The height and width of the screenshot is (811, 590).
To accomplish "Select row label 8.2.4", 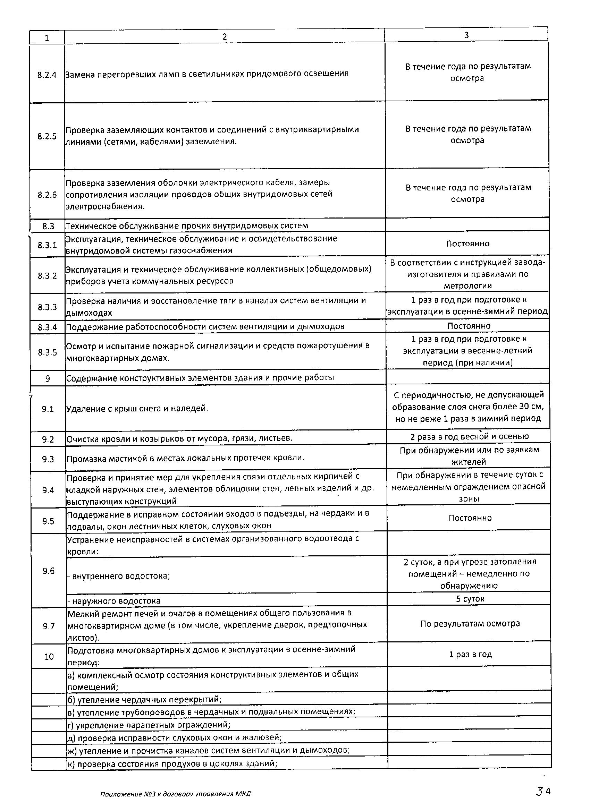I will click(47, 75).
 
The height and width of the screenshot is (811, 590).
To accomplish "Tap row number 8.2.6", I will click(47, 195).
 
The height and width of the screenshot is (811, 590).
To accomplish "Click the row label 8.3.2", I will click(47, 276).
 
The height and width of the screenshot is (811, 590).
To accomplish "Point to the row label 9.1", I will click(48, 409).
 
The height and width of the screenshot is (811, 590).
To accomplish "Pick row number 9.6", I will click(48, 571).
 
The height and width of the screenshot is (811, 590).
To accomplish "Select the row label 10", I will click(49, 656).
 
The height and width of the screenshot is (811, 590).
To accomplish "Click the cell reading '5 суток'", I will click(470, 599).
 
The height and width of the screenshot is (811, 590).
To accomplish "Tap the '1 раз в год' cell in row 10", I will click(470, 654).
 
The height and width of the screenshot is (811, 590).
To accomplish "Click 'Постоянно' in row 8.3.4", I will click(469, 326).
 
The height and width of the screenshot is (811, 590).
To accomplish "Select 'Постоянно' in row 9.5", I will click(470, 518).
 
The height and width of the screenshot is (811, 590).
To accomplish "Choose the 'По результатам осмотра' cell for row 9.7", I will click(470, 624).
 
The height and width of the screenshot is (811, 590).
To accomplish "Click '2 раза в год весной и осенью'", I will click(469, 437).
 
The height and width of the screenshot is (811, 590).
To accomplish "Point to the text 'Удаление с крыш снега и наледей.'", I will click(137, 408).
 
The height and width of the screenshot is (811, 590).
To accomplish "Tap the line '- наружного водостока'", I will click(114, 601).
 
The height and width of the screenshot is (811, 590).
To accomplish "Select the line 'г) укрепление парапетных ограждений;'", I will click(149, 725).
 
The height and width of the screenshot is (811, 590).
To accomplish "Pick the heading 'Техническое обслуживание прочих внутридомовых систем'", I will click(187, 225).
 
